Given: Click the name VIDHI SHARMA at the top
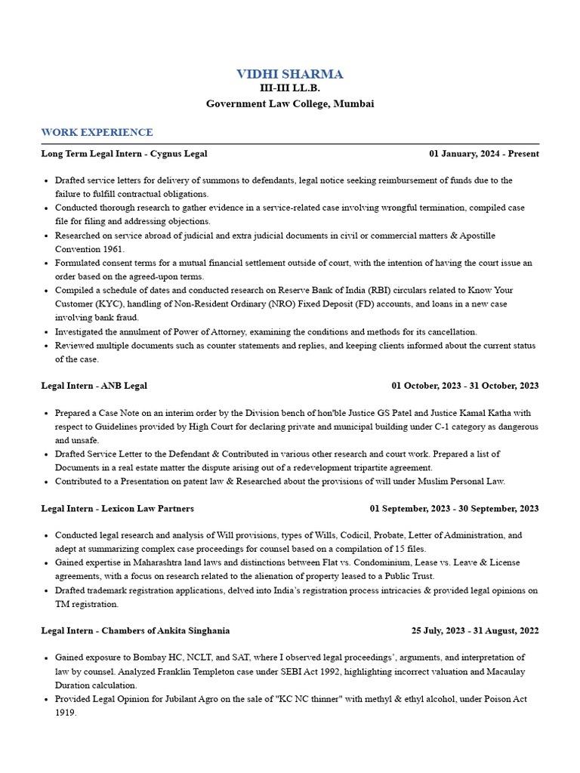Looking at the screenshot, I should (x=290, y=74).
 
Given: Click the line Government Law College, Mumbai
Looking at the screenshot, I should (x=290, y=103).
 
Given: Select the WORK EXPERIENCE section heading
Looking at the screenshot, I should (x=97, y=132).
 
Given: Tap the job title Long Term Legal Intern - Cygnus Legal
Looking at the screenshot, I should (x=124, y=153).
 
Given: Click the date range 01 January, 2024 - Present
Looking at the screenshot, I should (x=484, y=153).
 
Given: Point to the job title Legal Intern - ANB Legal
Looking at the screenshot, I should (x=94, y=386).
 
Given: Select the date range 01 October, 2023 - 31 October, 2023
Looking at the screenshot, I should (x=464, y=386).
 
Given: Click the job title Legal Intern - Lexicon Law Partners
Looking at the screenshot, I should (x=117, y=508).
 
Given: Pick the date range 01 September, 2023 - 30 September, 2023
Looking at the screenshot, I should (x=454, y=508).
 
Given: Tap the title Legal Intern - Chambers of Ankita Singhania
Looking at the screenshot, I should (x=135, y=630).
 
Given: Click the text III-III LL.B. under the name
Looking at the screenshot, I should (x=290, y=88).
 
